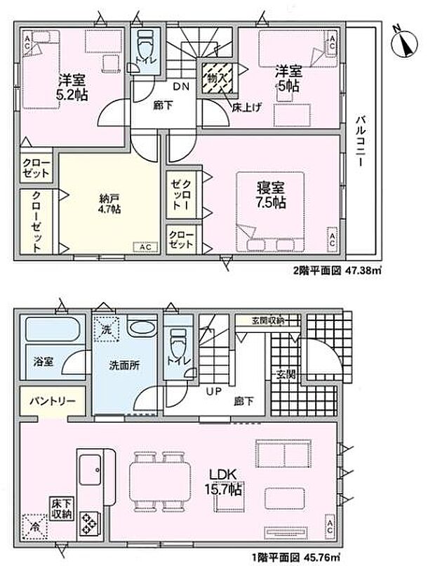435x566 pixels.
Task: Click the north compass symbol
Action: pyautogui.click(x=404, y=42)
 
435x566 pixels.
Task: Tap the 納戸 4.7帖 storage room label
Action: pyautogui.click(x=110, y=204)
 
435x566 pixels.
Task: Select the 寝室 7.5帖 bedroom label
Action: pyautogui.click(x=271, y=195)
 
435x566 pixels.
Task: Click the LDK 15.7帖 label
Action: pyautogui.click(x=223, y=482)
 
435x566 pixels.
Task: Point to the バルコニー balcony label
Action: pyautogui.click(x=360, y=141)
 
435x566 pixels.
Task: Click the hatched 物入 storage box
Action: pyautogui.click(x=217, y=78)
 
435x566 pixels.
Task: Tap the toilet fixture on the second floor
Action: pyautogui.click(x=146, y=48)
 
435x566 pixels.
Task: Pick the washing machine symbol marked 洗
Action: pyautogui.click(x=106, y=328)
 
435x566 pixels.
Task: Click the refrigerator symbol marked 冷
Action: pyautogui.click(x=34, y=527)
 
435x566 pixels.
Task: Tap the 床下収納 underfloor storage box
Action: pyautogui.click(x=62, y=508)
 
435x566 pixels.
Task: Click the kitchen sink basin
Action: pyautogui.click(x=90, y=469)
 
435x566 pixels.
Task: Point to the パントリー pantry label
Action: pyautogui.click(x=53, y=401)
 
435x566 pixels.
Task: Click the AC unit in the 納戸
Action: pyautogui.click(x=146, y=247)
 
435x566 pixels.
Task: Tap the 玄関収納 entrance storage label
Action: pyautogui.click(x=267, y=320)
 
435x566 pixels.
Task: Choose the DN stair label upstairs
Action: pyautogui.click(x=181, y=86)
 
